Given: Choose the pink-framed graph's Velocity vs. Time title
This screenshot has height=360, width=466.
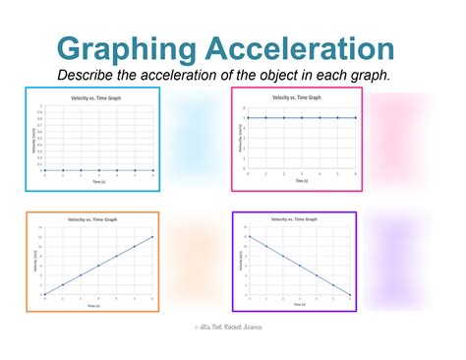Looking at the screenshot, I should click(298, 97).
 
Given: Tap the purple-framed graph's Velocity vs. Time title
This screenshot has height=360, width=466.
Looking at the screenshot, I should click(298, 220).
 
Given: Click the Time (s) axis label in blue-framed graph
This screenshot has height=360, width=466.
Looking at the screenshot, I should click(97, 182).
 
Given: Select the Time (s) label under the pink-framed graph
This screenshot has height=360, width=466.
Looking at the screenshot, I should click(299, 181).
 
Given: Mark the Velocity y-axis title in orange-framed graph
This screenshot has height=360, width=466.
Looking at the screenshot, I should click(34, 263).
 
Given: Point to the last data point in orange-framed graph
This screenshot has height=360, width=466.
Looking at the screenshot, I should click(152, 236).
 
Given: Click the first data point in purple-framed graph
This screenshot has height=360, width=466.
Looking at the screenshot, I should click(249, 236).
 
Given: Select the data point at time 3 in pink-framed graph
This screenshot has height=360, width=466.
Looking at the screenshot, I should click(301, 118).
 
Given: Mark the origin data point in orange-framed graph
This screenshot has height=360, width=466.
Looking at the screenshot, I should click(44, 294).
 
